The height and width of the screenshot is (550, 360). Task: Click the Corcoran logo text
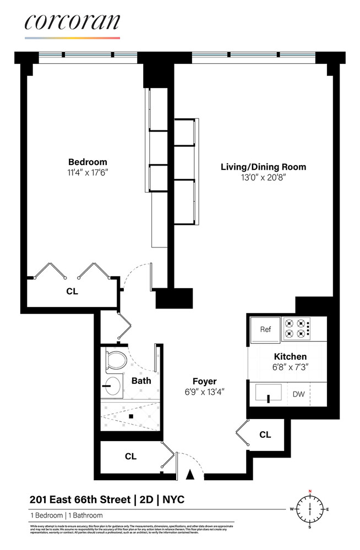(x=72, y=23)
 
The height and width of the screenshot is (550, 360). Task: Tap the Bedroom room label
(x=88, y=162)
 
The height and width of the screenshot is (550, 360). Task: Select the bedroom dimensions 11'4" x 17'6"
(x=88, y=172)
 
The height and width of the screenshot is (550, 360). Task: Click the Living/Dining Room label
(x=263, y=167)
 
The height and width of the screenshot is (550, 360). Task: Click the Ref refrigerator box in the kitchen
(x=265, y=330)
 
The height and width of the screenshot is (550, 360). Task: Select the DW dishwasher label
(x=298, y=394)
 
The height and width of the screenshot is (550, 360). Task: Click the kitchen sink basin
(x=268, y=393)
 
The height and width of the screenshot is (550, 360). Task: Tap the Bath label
(x=141, y=380)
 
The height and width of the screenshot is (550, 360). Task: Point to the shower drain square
(x=132, y=417)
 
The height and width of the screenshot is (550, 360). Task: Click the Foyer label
(x=204, y=381)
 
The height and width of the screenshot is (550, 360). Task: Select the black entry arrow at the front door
(x=190, y=474)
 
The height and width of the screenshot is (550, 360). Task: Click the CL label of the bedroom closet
(x=72, y=291)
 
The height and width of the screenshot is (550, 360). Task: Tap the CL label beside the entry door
(x=130, y=456)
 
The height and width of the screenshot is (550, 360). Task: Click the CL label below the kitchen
(x=265, y=435)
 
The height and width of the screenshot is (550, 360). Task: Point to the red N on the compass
(x=310, y=491)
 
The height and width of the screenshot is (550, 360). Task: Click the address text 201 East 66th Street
(x=80, y=499)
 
